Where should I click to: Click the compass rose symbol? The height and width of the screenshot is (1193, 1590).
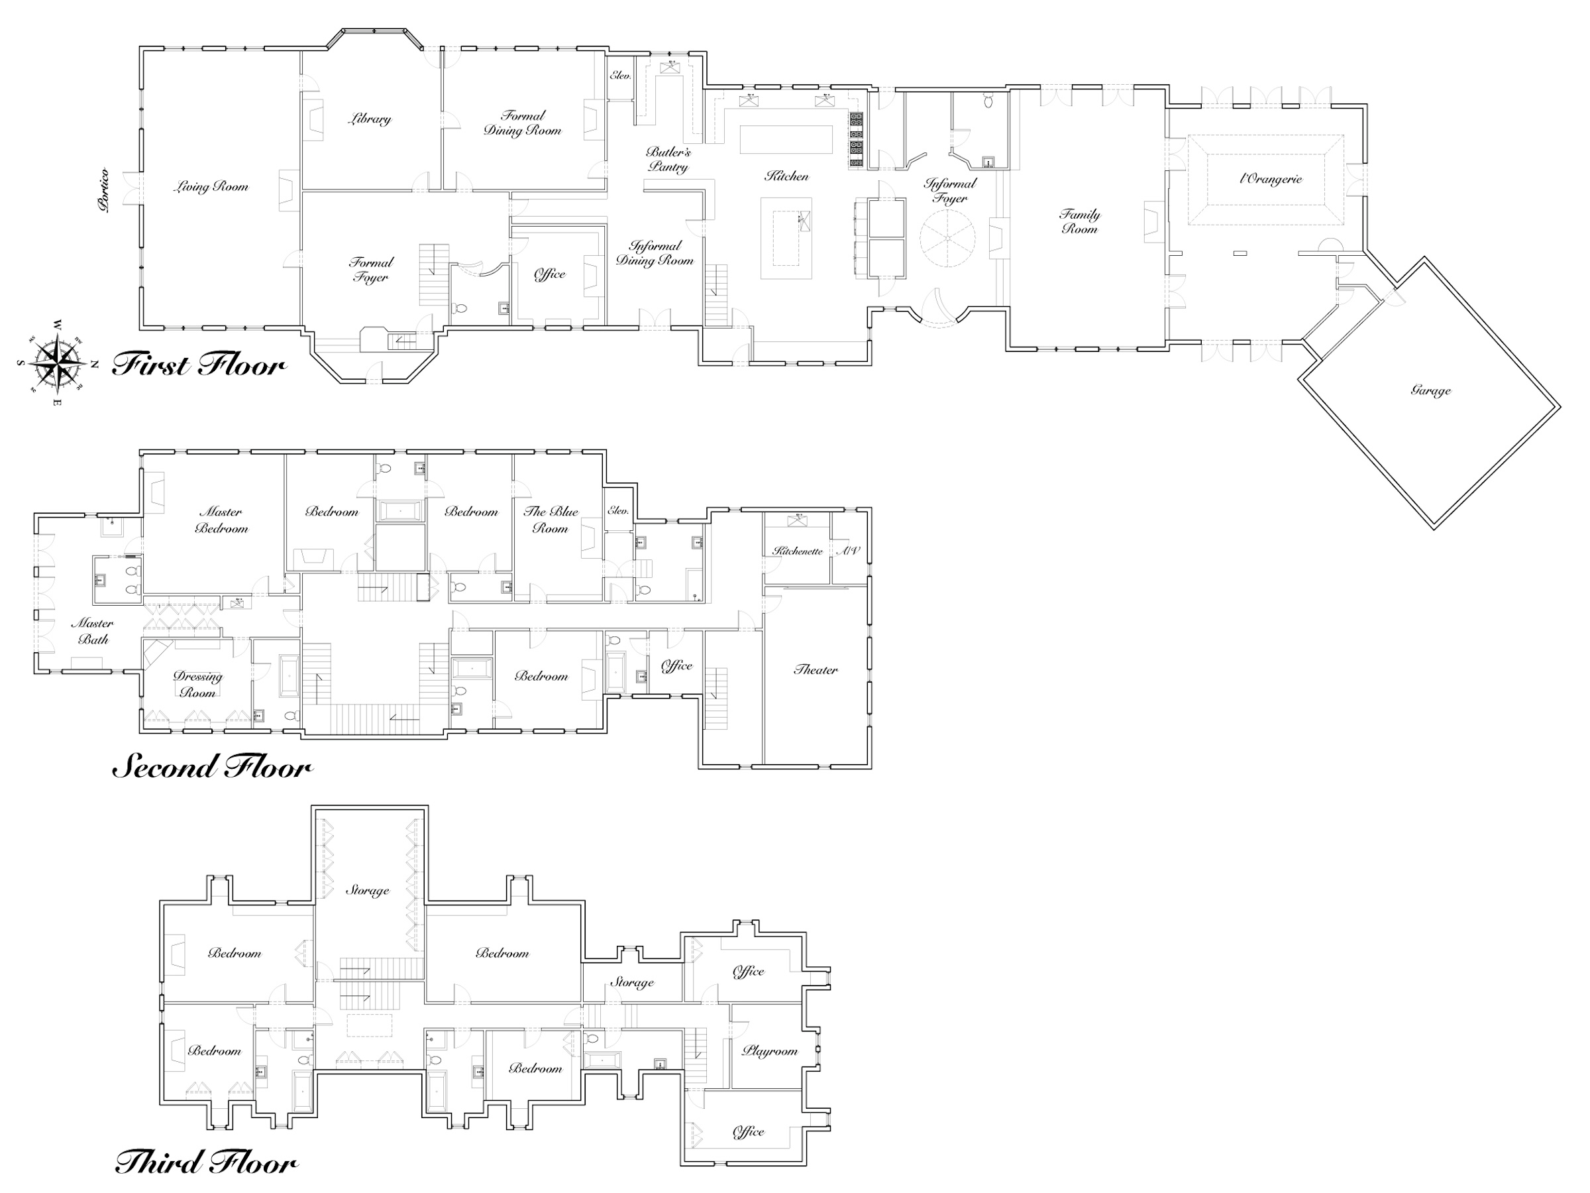coord(57,362)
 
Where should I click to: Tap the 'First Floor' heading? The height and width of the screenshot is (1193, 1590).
coord(199,365)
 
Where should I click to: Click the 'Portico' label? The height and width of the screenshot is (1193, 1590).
coord(105,190)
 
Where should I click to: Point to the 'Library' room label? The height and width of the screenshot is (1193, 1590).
coord(370,119)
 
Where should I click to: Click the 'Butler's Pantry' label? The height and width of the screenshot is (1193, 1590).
coord(668,160)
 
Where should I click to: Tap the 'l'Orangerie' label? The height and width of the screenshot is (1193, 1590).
coord(1271,179)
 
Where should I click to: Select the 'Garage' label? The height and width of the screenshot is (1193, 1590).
coord(1430,390)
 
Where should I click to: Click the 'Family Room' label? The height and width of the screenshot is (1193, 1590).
coord(1080,221)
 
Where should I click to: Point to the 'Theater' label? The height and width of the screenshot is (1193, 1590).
coord(816,669)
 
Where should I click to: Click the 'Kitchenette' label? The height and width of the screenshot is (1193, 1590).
coord(798,551)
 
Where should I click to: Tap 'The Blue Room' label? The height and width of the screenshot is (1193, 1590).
coord(551,519)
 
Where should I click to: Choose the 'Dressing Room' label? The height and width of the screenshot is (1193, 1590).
coord(197,685)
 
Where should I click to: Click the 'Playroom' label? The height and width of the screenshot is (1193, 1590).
coord(770,1051)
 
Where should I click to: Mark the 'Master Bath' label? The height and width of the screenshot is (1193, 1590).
coord(93,632)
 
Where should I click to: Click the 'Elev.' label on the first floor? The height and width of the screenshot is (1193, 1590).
coord(620,75)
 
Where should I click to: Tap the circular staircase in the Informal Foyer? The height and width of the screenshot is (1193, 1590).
coord(948,239)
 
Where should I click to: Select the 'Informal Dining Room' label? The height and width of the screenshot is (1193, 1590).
coord(655,253)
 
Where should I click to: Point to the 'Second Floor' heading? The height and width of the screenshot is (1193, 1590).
coord(213,767)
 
